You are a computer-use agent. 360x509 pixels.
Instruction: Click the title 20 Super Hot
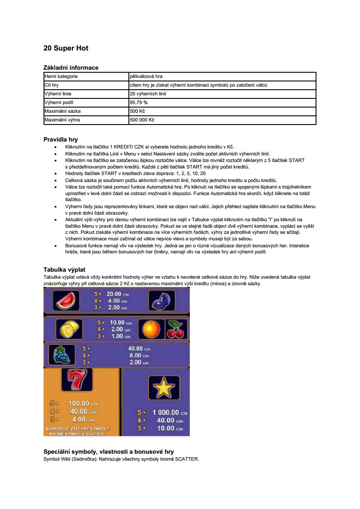(66, 48)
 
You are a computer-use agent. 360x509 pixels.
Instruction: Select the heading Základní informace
(71, 67)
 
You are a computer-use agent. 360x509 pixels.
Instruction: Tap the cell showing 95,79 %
(139, 102)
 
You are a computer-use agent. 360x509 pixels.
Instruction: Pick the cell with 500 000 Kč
(142, 120)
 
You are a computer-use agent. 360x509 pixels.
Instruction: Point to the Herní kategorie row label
(61, 76)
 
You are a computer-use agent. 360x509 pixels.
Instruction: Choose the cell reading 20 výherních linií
(148, 94)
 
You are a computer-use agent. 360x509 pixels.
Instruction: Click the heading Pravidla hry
(61, 140)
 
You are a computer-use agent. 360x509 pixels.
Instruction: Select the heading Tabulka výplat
(67, 270)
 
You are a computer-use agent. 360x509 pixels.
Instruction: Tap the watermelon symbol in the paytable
(66, 300)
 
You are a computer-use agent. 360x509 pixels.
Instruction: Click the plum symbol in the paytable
(161, 300)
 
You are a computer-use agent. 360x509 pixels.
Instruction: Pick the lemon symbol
(69, 329)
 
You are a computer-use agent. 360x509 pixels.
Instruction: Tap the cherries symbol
(177, 329)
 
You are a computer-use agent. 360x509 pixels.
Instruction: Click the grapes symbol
(61, 355)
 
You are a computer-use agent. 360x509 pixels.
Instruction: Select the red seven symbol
(77, 380)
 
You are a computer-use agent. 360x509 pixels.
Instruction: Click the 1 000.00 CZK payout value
(166, 412)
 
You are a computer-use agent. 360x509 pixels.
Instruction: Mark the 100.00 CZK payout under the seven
(79, 404)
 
